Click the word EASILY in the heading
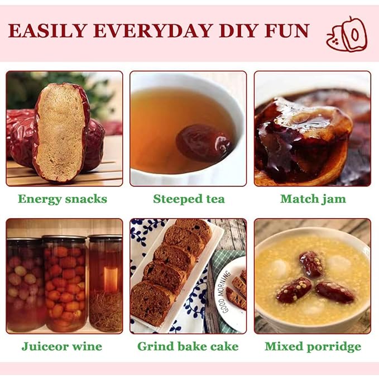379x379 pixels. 47,31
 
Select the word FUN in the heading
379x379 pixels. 287,31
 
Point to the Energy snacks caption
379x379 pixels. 63,199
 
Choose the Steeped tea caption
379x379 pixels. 189,199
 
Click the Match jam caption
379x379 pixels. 313,199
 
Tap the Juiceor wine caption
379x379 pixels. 62,347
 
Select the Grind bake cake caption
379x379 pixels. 188,347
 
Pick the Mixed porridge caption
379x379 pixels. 313,347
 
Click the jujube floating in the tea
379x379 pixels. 204,142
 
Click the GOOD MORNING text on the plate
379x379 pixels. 224,292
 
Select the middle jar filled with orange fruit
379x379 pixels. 65,284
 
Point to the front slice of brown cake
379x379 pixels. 150,303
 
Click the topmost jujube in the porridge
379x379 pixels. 312,264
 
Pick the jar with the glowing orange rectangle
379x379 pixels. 105,284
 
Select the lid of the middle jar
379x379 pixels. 65,238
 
